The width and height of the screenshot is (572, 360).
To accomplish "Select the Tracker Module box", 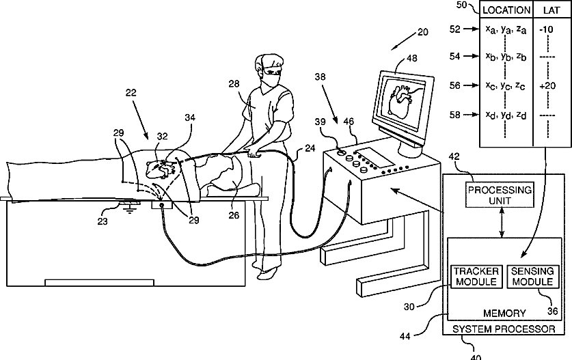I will pos(476,277).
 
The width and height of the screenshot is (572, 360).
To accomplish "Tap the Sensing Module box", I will pos(533,277).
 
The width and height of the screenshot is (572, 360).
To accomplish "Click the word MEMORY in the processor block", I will pos(504,314).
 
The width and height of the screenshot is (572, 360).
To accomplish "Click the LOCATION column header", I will pos(506,10).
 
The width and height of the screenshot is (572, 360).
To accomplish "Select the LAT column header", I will pos(551,10).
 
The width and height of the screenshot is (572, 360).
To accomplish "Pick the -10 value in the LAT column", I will pos(547,30).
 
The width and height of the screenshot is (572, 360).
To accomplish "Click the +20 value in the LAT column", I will pos(548,86).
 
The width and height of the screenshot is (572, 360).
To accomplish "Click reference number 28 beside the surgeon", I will pos(234,84).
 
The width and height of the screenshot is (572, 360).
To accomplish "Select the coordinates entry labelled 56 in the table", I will pos(505,86).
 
